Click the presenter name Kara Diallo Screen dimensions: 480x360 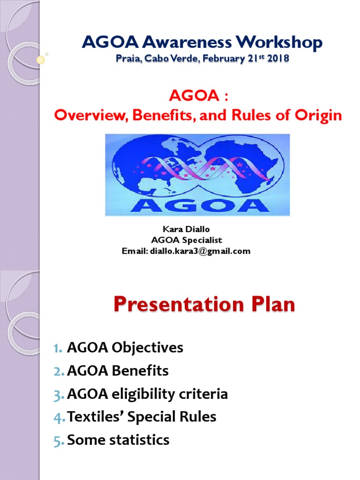click(x=186, y=229)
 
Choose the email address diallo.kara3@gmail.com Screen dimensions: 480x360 click(x=199, y=251)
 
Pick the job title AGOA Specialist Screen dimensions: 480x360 click(x=186, y=240)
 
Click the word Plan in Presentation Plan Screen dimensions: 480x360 click(x=271, y=305)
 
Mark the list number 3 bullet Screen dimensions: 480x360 click(x=58, y=394)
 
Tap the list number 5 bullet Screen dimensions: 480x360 click(x=58, y=440)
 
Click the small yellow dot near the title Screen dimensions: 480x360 click(x=41, y=60)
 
